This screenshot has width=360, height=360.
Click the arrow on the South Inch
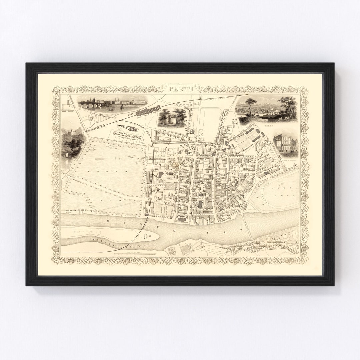[108, 159]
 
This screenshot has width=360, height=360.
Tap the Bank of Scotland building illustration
[285, 143]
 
